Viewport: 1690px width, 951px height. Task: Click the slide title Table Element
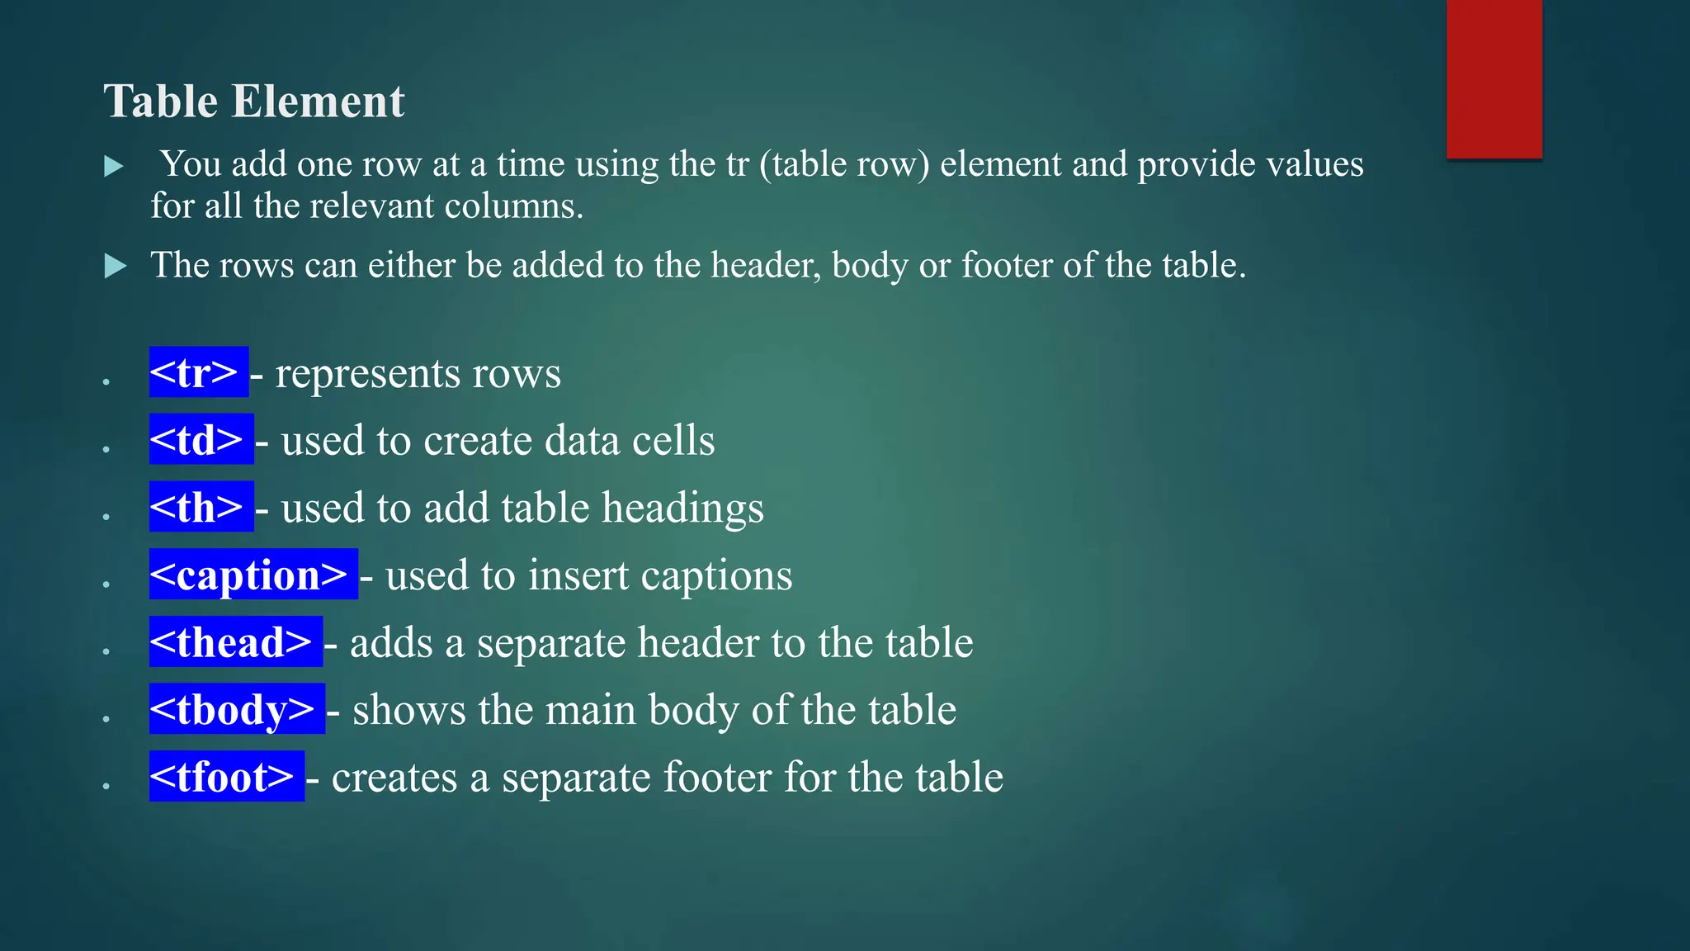[254, 102]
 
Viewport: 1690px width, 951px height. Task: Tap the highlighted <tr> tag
[198, 372]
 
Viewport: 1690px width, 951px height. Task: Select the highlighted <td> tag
[201, 439]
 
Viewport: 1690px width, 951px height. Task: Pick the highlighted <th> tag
[201, 507]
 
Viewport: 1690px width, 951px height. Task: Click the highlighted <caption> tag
[253, 575]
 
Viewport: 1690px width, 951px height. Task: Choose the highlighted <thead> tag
[235, 641]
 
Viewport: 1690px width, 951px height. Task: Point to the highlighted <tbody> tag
[237, 709]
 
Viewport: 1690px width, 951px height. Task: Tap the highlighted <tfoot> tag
[226, 777]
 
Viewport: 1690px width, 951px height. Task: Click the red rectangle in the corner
[1494, 78]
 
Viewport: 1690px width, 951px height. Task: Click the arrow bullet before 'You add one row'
[114, 167]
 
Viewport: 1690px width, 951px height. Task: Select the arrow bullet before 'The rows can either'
[115, 267]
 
